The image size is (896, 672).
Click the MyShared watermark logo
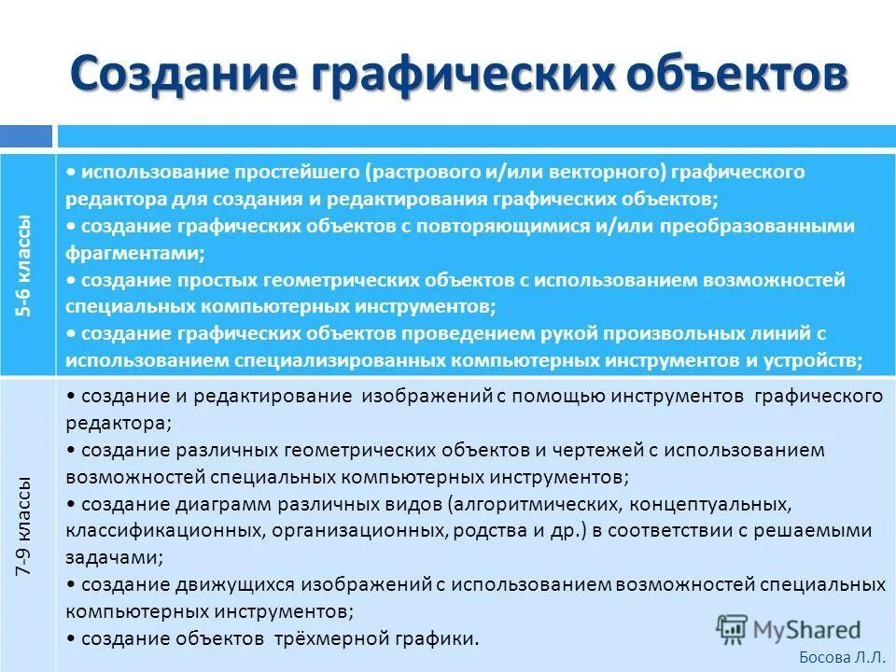tap(789, 629)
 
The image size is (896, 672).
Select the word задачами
tap(113, 557)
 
